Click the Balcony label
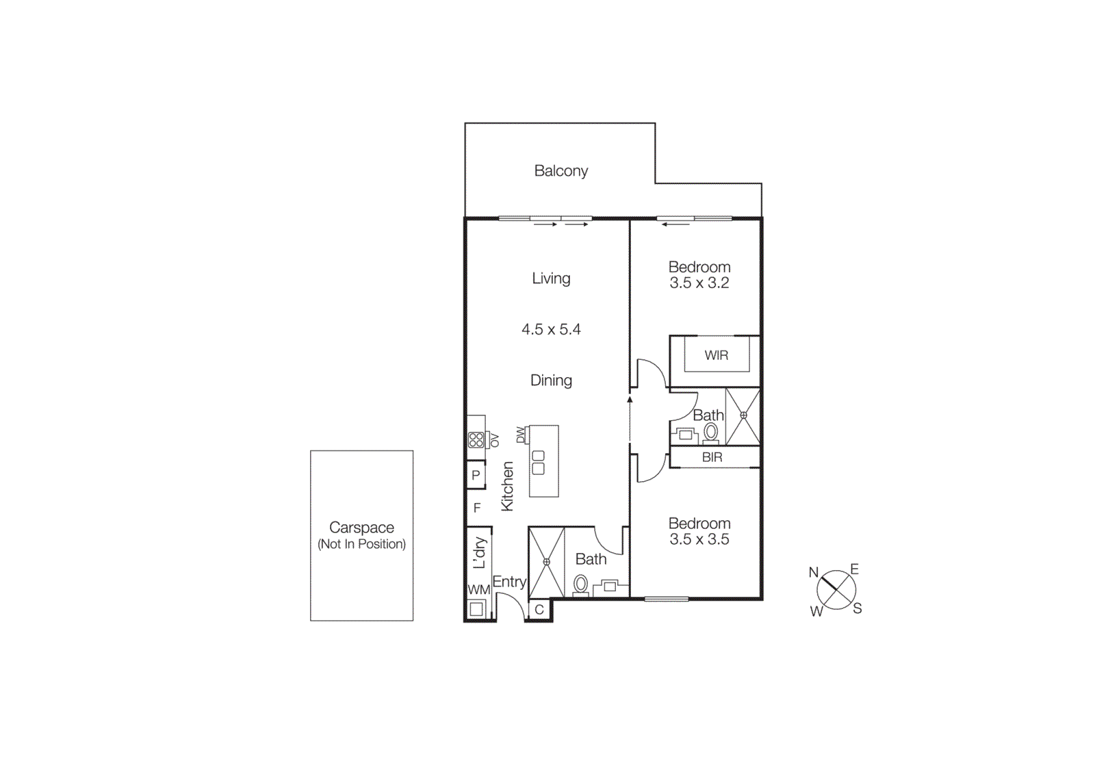561,171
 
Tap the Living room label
551,279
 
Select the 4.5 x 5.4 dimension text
551,330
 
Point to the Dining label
551,380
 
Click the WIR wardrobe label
717,355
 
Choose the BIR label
712,457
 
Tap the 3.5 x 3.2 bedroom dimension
699,283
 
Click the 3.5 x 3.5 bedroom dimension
699,539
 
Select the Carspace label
361,528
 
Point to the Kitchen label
507,486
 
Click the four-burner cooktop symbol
476,439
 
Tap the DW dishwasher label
521,434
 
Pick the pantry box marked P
476,475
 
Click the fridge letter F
477,508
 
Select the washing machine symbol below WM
476,608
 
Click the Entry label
509,582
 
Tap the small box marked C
539,610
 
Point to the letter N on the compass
814,572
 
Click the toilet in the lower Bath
580,584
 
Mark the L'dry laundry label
480,552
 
